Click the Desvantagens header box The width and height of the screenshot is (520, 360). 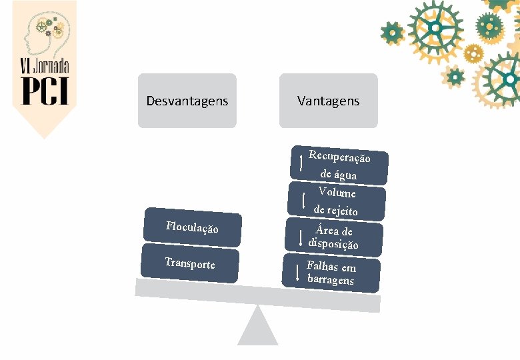click(x=187, y=101)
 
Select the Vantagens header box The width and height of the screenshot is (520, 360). click(x=328, y=101)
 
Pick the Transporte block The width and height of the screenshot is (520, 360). click(x=190, y=264)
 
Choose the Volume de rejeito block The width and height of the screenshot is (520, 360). click(x=337, y=201)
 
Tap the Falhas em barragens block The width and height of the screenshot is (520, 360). click(x=331, y=273)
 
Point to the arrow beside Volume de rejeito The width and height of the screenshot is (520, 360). click(x=304, y=200)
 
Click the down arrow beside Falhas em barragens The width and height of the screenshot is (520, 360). click(x=297, y=271)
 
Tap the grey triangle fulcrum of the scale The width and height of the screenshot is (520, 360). click(x=257, y=327)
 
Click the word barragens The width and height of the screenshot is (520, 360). click(x=331, y=279)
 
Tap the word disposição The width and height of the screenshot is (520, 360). click(x=333, y=244)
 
